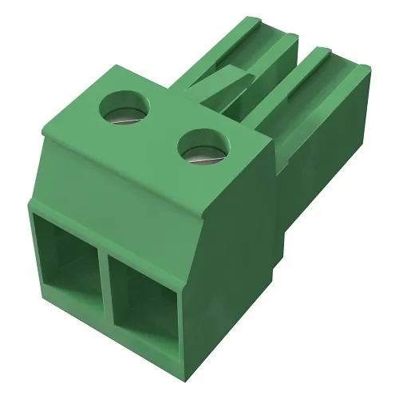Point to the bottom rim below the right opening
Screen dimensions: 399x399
[152, 340]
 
